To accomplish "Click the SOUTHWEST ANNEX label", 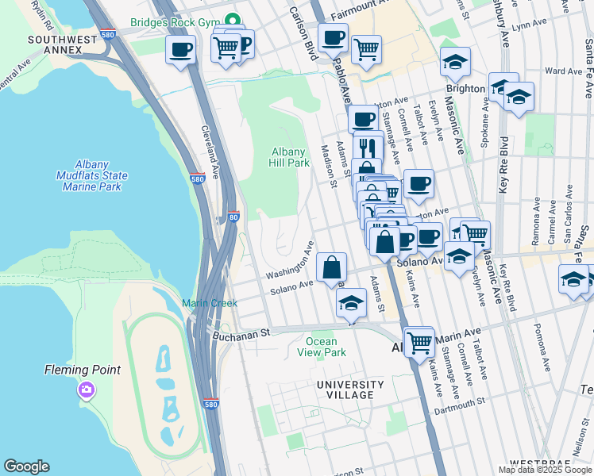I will (x=55, y=44).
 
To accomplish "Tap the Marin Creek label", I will (x=209, y=303).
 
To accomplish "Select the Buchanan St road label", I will (x=242, y=335).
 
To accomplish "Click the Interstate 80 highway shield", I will (x=233, y=215).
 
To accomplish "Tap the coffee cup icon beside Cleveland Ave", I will (x=181, y=50).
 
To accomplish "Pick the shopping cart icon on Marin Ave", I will (x=419, y=343).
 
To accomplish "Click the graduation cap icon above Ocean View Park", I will (x=351, y=303).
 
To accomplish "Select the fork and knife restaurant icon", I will (x=368, y=147).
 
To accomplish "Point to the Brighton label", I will (x=465, y=89).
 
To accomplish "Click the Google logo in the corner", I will (x=26, y=466).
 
